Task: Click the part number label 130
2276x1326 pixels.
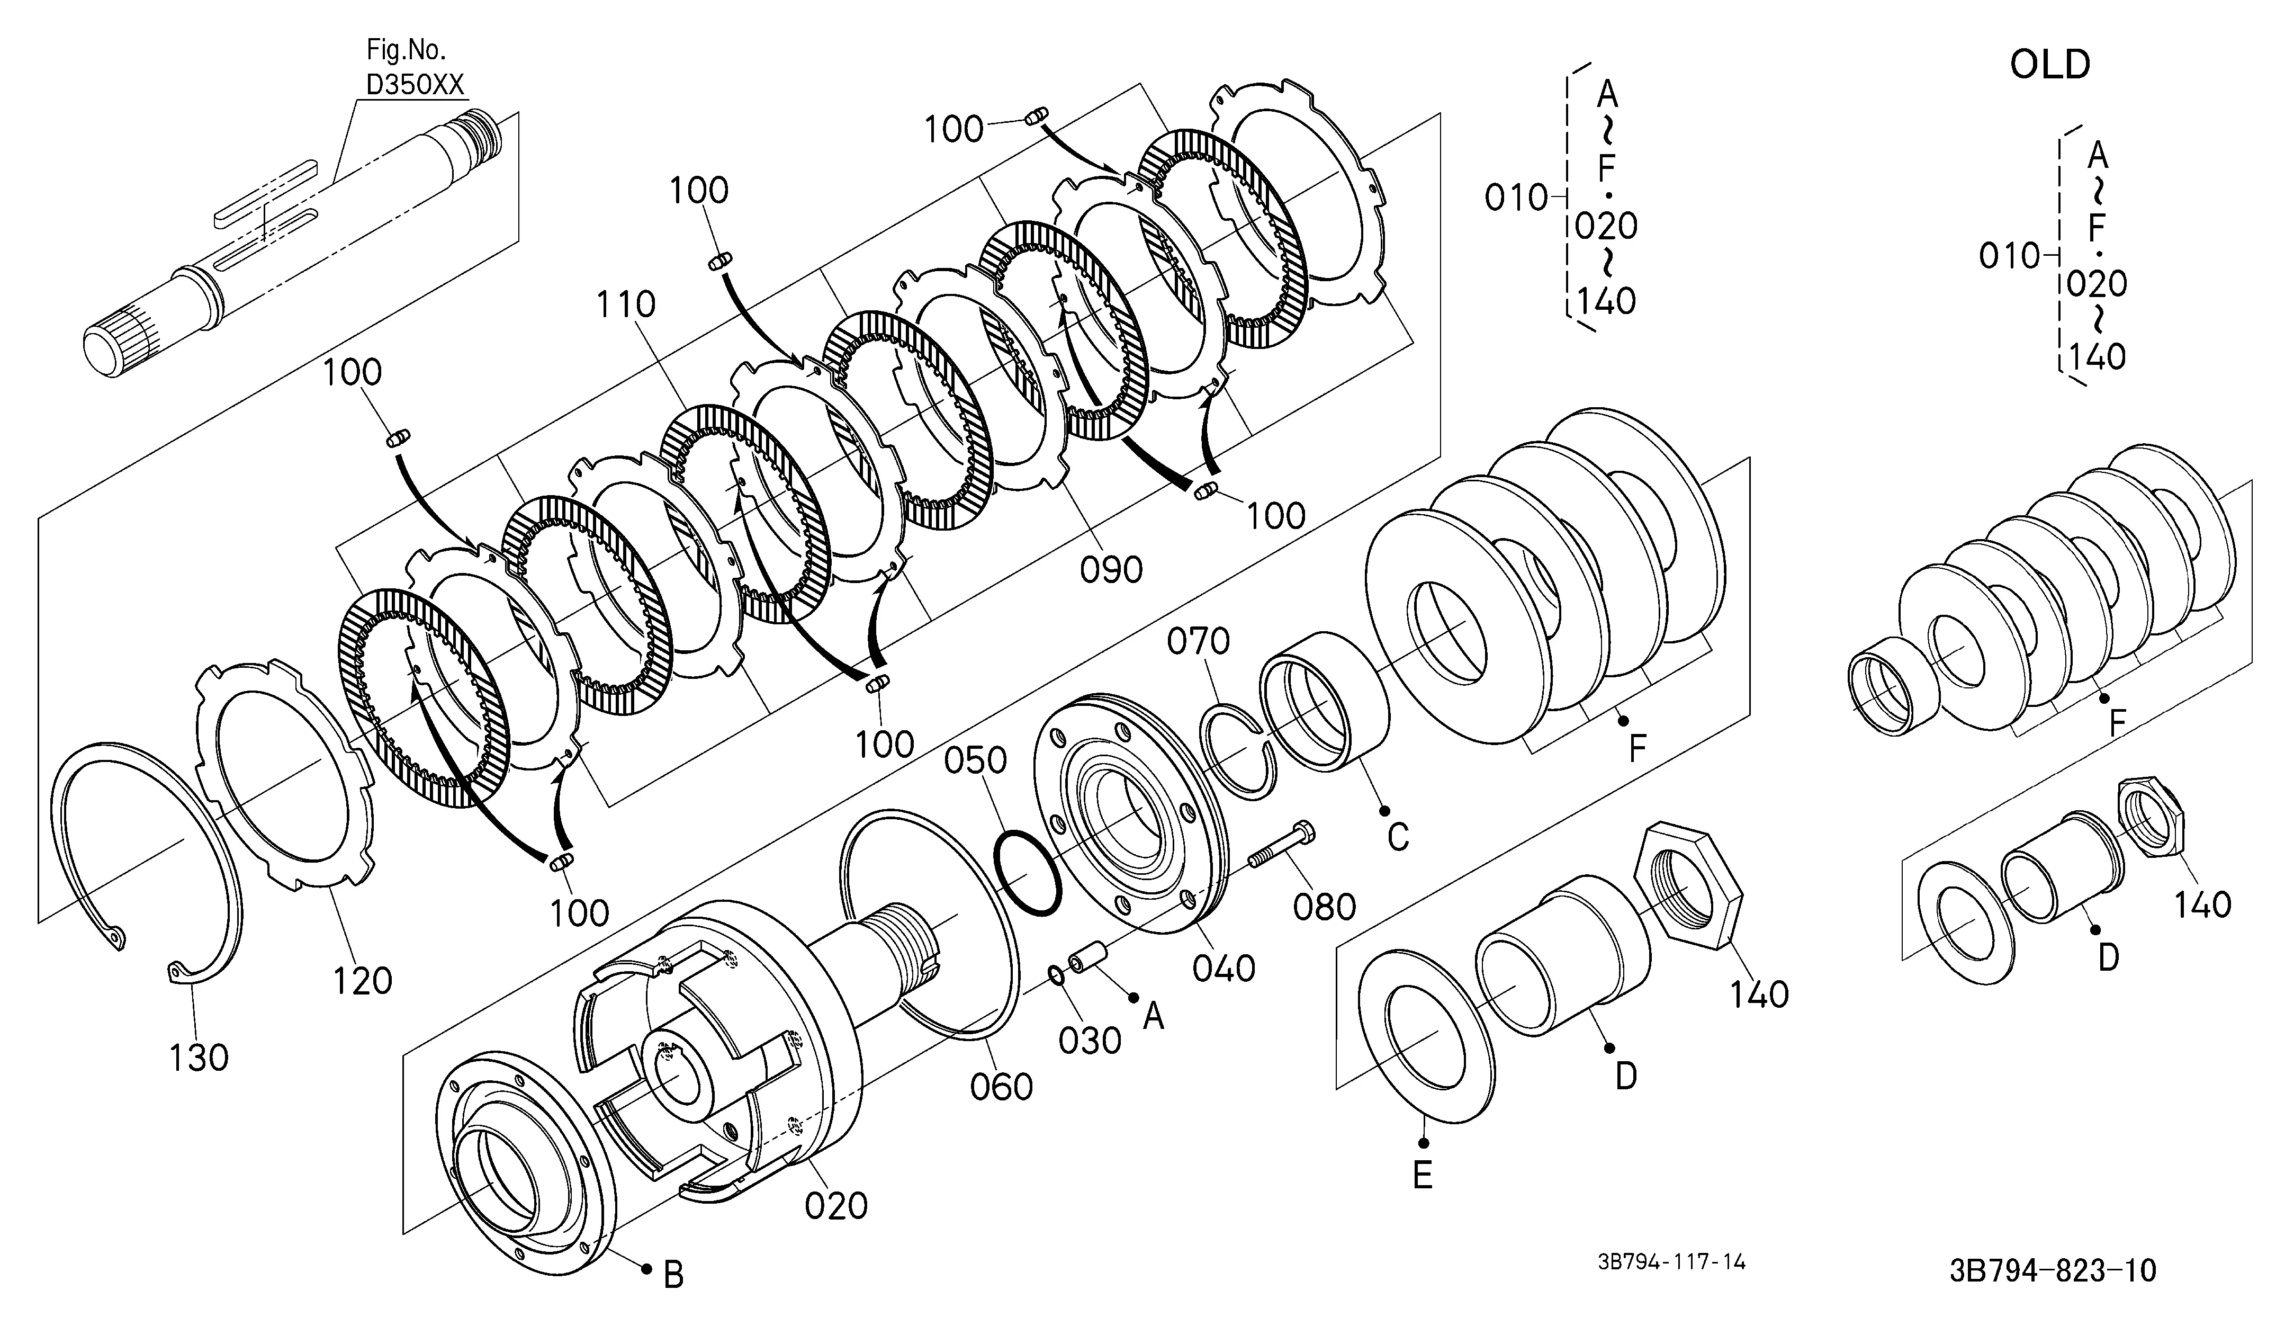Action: tap(199, 1057)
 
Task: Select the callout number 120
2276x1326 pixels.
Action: tap(363, 980)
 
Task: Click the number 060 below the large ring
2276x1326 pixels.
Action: tap(1002, 1087)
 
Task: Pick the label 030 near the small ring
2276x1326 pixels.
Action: tap(1090, 1041)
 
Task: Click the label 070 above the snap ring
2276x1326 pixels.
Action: tap(1199, 641)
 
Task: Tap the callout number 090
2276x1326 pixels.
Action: tap(1111, 569)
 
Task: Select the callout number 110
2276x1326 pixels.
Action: tap(626, 306)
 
